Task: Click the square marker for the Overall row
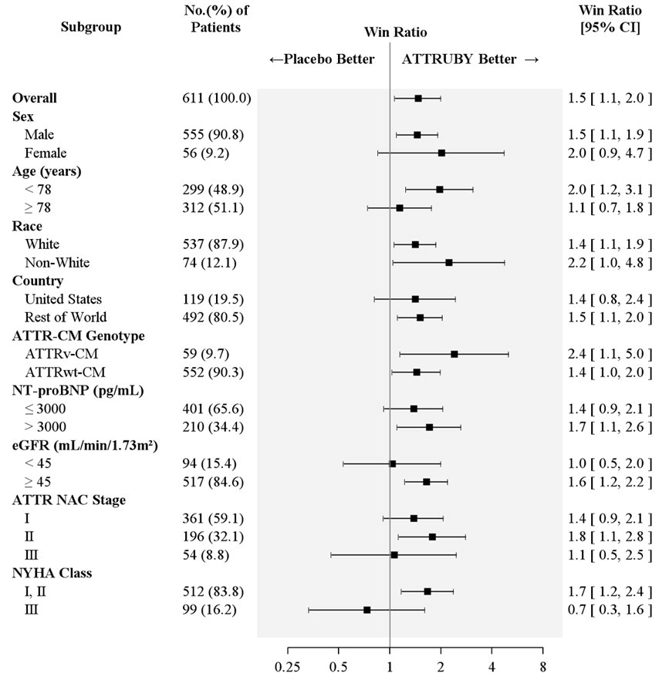click(x=418, y=99)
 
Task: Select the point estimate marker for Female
click(x=441, y=153)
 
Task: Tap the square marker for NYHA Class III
click(x=367, y=610)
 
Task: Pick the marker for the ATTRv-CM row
click(x=454, y=354)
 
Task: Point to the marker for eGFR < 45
click(x=393, y=463)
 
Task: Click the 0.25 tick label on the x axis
click(x=288, y=665)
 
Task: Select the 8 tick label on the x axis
click(x=542, y=665)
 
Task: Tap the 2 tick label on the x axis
click(x=441, y=665)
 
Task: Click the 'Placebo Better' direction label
click(x=322, y=59)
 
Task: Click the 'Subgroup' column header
click(x=90, y=27)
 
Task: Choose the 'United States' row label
click(x=63, y=299)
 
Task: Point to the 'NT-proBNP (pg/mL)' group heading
click(x=69, y=390)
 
